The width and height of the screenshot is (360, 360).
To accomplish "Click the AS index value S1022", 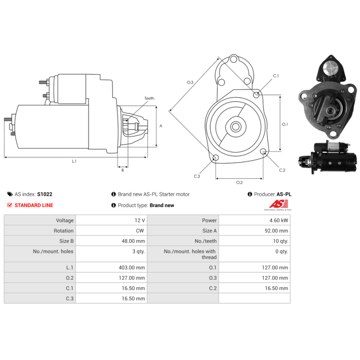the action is [45, 194].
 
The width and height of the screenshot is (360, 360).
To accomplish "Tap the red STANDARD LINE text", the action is [34, 205].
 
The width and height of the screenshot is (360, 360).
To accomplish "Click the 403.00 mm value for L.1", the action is [132, 267].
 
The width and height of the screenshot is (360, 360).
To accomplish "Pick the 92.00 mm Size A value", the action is [276, 231].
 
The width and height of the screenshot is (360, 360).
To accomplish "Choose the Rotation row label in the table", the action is [63, 231].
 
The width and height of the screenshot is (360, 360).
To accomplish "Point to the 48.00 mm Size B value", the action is [133, 241].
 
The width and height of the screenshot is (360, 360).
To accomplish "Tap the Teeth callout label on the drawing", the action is [149, 98].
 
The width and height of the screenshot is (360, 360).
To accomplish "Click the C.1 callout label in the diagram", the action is [276, 76].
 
